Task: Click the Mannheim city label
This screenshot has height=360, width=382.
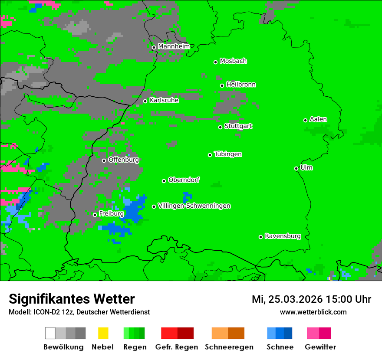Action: coord(174,46)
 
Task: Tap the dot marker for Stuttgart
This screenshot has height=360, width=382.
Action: coord(221,127)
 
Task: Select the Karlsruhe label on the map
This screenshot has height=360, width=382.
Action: coord(164,100)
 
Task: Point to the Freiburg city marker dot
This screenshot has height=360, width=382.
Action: coord(95,215)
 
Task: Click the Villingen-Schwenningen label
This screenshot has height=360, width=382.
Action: coord(194,206)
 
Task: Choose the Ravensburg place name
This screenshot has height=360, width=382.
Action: coord(283,236)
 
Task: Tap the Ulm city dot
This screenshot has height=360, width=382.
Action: coord(296,168)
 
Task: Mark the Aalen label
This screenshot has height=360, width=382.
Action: coord(318,119)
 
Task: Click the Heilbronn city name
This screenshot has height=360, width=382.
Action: coord(241,85)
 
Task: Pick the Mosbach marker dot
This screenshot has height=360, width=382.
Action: coord(216,62)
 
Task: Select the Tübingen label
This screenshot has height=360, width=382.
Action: coord(228,154)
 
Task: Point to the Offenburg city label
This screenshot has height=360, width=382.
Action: coord(123,160)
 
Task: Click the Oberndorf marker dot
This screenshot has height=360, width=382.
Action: coord(164,181)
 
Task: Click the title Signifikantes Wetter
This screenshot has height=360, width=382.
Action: coord(72,299)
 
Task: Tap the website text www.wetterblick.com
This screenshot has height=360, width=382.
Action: coord(313,312)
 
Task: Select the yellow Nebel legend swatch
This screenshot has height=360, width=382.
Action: coord(102,333)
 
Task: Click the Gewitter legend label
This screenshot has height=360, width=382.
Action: coord(320,347)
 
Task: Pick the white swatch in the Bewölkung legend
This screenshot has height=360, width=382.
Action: coord(50,333)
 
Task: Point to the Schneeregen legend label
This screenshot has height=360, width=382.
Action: coord(229,347)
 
